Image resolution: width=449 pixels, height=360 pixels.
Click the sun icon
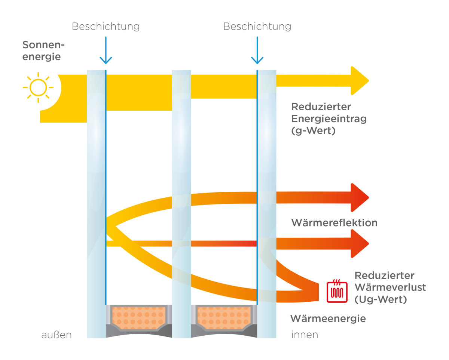coord(38,87)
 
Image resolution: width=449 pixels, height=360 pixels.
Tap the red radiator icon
coord(337,291)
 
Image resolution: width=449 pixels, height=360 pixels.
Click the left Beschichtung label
coord(106,27)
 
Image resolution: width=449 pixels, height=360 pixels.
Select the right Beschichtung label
coord(257,27)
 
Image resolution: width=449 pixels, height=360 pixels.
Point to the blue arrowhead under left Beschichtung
coord(106,61)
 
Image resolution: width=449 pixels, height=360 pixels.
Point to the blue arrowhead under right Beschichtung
coord(257,61)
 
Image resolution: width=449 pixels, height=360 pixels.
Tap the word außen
coord(56,335)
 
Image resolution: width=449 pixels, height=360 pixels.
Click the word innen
coord(305,335)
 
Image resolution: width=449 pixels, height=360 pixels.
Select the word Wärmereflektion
coord(335,223)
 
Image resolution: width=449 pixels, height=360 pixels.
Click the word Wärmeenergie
coord(328,319)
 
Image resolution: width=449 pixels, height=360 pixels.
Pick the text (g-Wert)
coord(314,131)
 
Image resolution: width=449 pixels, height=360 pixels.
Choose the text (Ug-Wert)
coord(381,299)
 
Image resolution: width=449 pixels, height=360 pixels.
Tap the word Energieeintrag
coord(329,119)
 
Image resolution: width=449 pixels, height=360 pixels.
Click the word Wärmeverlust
coord(390,287)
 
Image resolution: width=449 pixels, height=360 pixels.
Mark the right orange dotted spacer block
coord(224,318)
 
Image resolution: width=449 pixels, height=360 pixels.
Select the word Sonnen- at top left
coord(43,45)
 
